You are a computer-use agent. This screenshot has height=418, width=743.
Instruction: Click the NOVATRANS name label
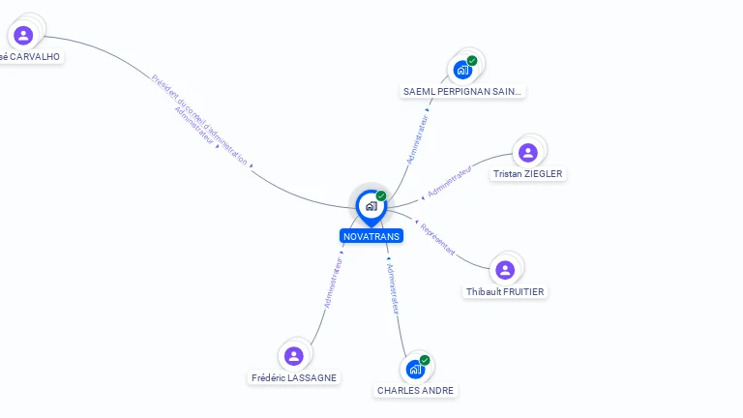point(371,236)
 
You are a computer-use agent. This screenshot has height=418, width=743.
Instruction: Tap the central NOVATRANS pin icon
point(371,206)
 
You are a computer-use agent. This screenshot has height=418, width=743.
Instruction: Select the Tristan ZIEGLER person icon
point(527,153)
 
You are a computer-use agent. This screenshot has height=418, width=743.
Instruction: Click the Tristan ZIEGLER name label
point(527,174)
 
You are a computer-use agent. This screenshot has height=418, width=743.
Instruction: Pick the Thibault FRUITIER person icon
point(504,270)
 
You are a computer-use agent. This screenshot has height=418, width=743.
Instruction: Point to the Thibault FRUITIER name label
point(505,291)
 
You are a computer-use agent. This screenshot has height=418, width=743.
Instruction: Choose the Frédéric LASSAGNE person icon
point(294,356)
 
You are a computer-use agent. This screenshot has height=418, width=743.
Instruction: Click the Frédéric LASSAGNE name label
point(295,377)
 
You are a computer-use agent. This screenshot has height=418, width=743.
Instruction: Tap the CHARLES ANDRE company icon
point(415,370)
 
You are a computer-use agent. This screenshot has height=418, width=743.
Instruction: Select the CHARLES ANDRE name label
point(415,391)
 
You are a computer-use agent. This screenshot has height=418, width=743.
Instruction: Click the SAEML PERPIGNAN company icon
point(462,70)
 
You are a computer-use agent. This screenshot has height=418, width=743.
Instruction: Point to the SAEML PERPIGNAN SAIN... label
point(462,91)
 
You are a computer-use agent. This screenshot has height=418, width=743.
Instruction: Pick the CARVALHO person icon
point(23,36)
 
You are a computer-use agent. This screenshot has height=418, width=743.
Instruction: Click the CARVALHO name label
point(30,57)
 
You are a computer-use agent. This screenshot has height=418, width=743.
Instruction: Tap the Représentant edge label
point(437,239)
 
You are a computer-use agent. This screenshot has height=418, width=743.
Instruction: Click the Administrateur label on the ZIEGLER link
point(450,181)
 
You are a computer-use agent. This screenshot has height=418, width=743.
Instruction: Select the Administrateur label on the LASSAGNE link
point(333,283)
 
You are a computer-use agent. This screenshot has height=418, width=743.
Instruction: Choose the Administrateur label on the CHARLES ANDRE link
point(393,287)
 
